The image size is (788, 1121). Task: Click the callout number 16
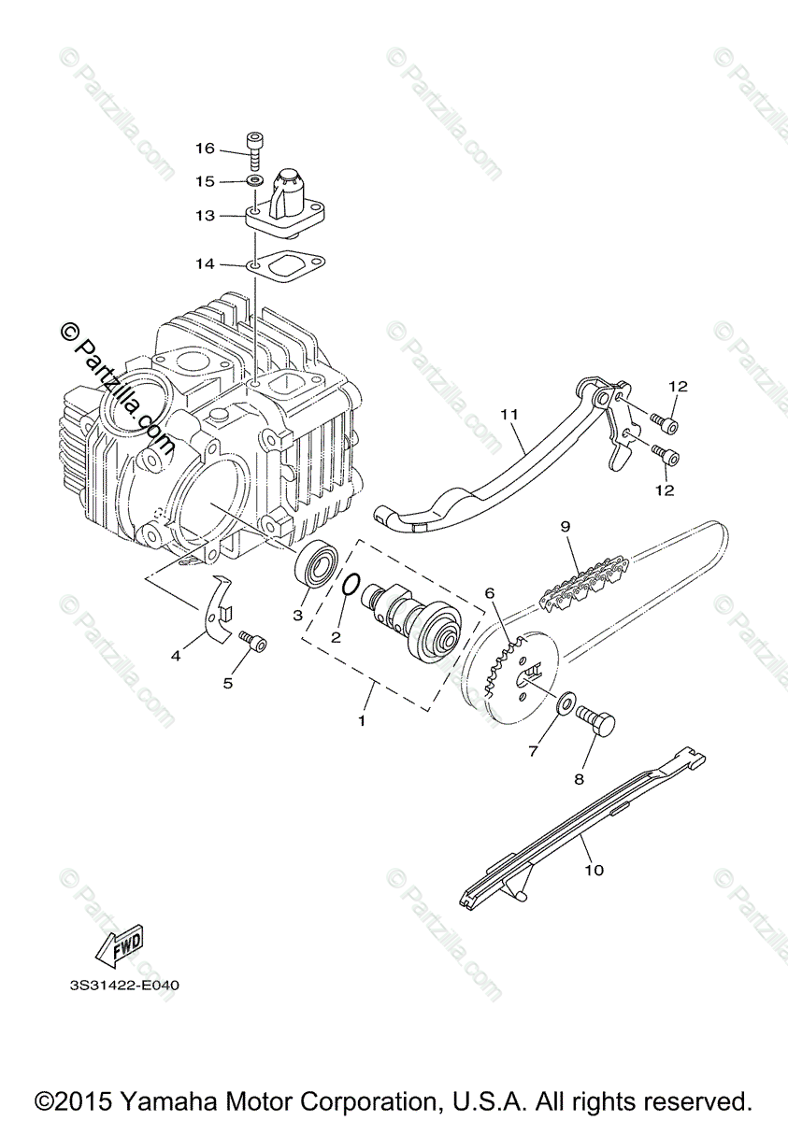(205, 149)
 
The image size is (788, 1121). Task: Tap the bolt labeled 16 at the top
(254, 150)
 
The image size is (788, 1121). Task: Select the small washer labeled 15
(254, 179)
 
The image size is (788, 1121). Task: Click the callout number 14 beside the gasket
(205, 264)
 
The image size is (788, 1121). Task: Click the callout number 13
(205, 216)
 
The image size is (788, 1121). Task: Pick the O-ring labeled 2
(348, 583)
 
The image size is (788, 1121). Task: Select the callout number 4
(176, 656)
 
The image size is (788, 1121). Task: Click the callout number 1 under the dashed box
(363, 721)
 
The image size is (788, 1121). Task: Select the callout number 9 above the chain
(565, 526)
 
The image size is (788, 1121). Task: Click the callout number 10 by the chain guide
(595, 870)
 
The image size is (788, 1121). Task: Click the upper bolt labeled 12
(668, 423)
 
